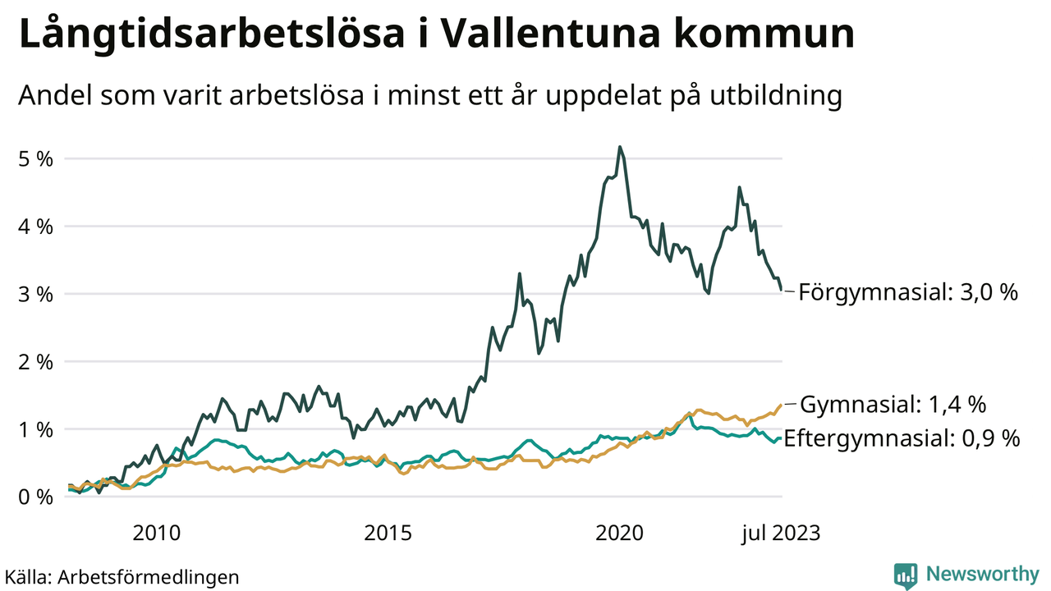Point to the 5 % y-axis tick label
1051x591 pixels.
pyautogui.click(x=35, y=158)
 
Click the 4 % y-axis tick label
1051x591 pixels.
pyautogui.click(x=35, y=226)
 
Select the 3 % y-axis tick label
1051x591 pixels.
pyautogui.click(x=35, y=294)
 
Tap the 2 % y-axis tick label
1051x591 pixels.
pyautogui.click(x=35, y=361)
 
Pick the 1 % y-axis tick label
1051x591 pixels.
pyautogui.click(x=35, y=429)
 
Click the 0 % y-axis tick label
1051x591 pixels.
pyautogui.click(x=35, y=497)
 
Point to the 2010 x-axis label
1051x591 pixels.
pyautogui.click(x=156, y=533)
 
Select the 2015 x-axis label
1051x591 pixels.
pyautogui.click(x=387, y=533)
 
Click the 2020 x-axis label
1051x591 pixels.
pyautogui.click(x=619, y=533)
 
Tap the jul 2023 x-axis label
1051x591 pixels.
pyautogui.click(x=781, y=533)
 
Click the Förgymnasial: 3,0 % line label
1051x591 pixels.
pyautogui.click(x=908, y=292)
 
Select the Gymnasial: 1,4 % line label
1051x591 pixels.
pyautogui.click(x=893, y=405)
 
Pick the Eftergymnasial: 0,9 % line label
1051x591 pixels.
pyautogui.click(x=902, y=438)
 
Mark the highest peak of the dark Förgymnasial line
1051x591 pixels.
pyautogui.click(x=620, y=148)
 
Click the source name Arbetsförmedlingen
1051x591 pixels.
pyautogui.click(x=149, y=576)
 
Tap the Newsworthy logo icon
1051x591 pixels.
pyautogui.click(x=905, y=575)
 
